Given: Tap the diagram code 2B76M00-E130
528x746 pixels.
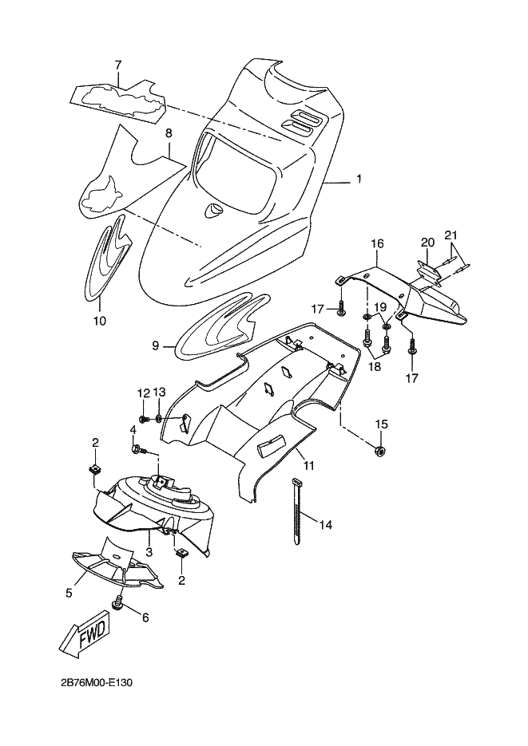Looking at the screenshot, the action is [96, 683].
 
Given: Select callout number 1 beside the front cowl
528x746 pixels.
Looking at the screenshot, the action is [359, 179].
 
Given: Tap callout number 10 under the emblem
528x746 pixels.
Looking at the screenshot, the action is [99, 322].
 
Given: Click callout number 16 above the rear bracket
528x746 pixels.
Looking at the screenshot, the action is [378, 244].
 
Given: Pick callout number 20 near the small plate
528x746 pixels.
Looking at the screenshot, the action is [427, 243].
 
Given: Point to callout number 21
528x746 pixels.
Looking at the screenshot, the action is [451, 235].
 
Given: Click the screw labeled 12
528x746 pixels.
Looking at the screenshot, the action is [143, 419].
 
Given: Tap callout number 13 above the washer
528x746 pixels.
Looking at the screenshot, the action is [160, 393].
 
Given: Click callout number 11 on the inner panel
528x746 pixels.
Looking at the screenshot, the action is [309, 466].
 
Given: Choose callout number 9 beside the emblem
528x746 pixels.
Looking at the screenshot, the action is [155, 346].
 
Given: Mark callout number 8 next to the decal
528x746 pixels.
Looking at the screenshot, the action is [169, 134].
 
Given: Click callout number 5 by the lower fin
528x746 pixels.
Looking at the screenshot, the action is [69, 594].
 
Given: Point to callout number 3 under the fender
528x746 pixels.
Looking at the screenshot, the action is [149, 552].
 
